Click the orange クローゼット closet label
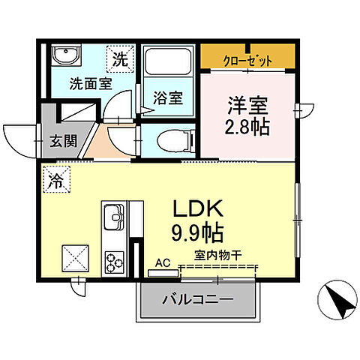247,61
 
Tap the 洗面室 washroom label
91,84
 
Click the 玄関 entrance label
63,140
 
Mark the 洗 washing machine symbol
120,56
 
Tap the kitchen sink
115,218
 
